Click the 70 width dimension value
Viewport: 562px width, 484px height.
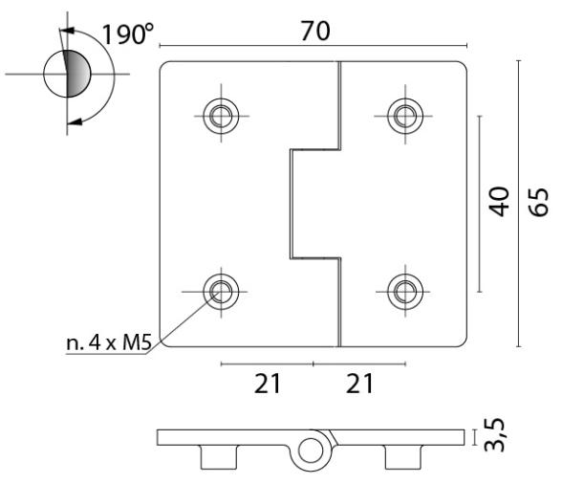pyautogui.click(x=315, y=31)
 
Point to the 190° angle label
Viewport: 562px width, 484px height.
pyautogui.click(x=128, y=34)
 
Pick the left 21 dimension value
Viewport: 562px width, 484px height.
pyautogui.click(x=268, y=384)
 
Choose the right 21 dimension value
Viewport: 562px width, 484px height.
pyautogui.click(x=359, y=384)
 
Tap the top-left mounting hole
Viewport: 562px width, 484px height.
pyautogui.click(x=223, y=117)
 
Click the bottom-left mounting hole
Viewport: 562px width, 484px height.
pyautogui.click(x=223, y=288)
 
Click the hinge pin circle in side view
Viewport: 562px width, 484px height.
pyautogui.click(x=312, y=450)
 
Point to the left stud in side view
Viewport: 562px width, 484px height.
pyautogui.click(x=219, y=457)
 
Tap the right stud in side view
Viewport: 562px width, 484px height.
pyautogui.click(x=404, y=457)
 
